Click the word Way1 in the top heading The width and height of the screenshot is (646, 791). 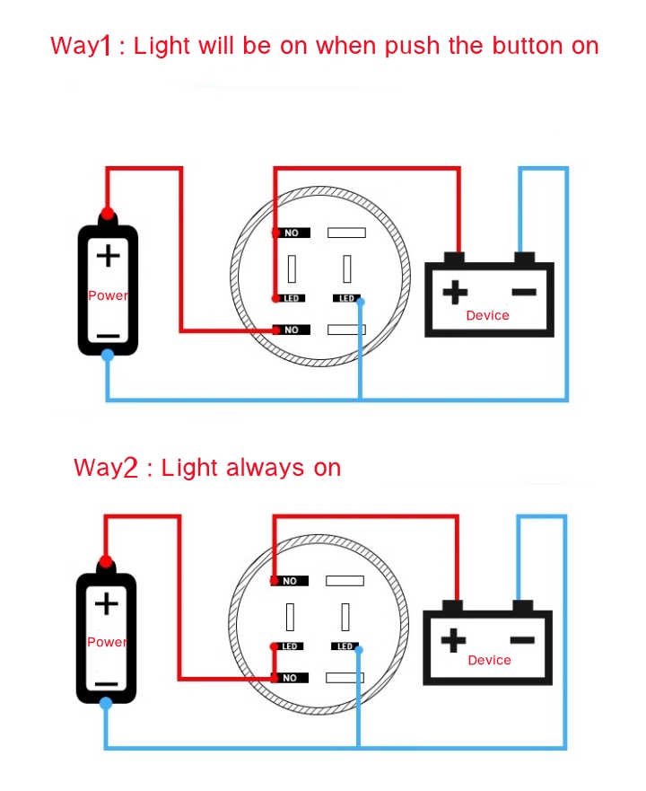click(x=80, y=46)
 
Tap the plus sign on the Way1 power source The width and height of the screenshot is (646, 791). click(x=108, y=256)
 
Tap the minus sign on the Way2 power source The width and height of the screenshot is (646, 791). click(x=106, y=682)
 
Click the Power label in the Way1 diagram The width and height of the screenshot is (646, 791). click(x=108, y=295)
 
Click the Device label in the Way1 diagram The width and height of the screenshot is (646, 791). click(x=487, y=315)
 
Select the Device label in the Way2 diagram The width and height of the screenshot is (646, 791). click(x=489, y=660)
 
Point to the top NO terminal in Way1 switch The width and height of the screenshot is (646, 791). click(x=291, y=233)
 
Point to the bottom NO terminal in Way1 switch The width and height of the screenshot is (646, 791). click(x=291, y=330)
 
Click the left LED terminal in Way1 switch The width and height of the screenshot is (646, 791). click(x=292, y=298)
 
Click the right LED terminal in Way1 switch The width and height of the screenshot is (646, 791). click(x=346, y=298)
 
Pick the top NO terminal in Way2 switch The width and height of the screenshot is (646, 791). click(x=290, y=581)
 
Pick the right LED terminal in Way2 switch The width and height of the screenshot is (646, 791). click(x=345, y=646)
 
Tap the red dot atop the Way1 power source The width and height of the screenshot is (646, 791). click(x=108, y=214)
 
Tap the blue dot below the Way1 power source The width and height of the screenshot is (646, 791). click(x=108, y=356)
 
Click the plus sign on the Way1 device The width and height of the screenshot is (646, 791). click(x=456, y=292)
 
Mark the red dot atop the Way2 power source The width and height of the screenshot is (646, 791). click(x=106, y=562)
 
